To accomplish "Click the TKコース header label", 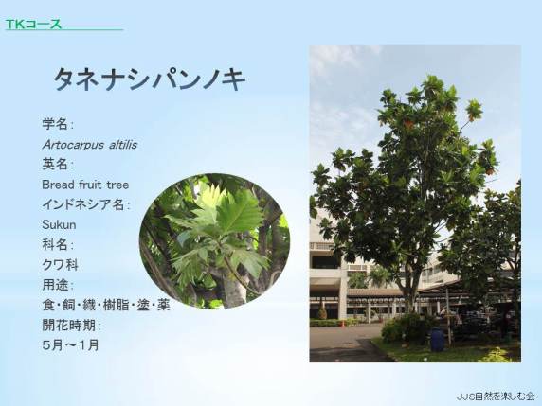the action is pyautogui.click(x=33, y=24).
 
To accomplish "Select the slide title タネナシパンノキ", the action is pyautogui.click(x=150, y=79).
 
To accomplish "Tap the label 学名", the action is pyautogui.click(x=58, y=124).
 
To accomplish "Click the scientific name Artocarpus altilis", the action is pyautogui.click(x=89, y=145).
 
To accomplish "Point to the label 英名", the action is pyautogui.click(x=58, y=164).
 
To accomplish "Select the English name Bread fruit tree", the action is pyautogui.click(x=85, y=185).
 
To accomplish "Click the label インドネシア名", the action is pyautogui.click(x=85, y=204).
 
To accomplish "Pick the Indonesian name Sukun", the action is pyautogui.click(x=59, y=224).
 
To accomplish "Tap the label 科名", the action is pyautogui.click(x=58, y=245).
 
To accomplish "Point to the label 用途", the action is pyautogui.click(x=58, y=285).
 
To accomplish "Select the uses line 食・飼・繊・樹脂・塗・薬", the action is pyautogui.click(x=106, y=305).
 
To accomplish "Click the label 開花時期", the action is pyautogui.click(x=72, y=325).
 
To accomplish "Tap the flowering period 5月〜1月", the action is pyautogui.click(x=70, y=344).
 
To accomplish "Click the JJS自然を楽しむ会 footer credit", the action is pyautogui.click(x=496, y=396).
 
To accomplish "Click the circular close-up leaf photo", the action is pyautogui.click(x=214, y=241).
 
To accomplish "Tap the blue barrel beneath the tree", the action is pyautogui.click(x=437, y=339).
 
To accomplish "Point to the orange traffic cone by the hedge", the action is pyautogui.click(x=343, y=324).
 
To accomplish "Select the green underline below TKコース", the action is pyautogui.click(x=64, y=30).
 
